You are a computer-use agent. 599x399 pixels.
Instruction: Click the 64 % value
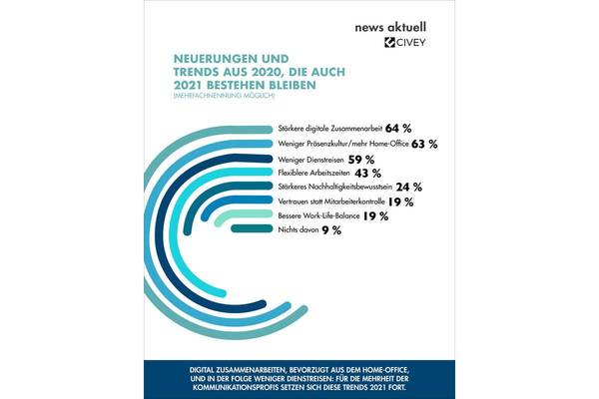pyautogui.click(x=399, y=130)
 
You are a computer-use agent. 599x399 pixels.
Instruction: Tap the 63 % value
pyautogui.click(x=425, y=144)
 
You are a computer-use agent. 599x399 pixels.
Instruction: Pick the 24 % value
pyautogui.click(x=410, y=187)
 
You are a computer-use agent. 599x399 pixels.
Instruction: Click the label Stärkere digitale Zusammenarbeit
pyautogui.click(x=328, y=130)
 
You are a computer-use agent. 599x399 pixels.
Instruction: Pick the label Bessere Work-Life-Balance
pyautogui.click(x=314, y=215)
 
